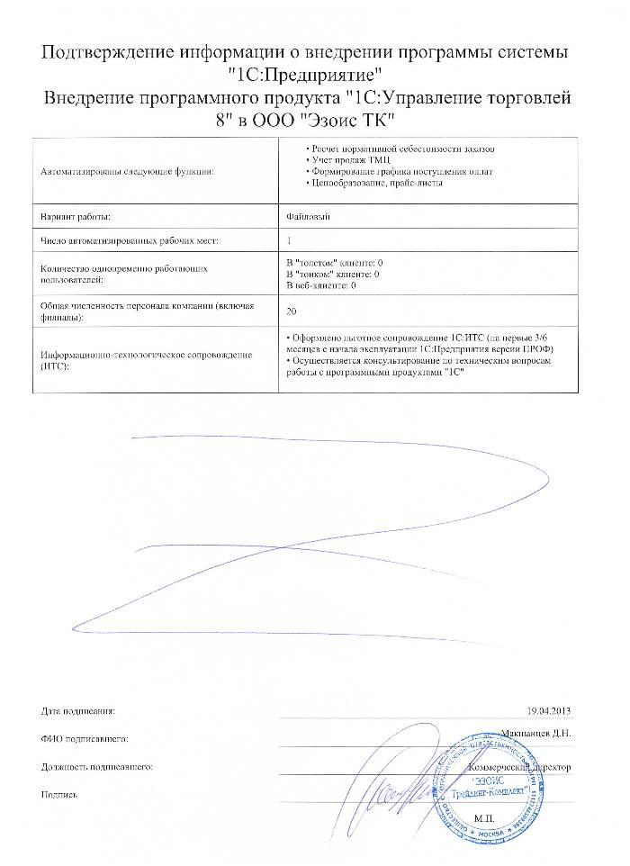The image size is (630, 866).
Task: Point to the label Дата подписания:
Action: pyautogui.click(x=78, y=711)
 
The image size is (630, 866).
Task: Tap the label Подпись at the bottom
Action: pyautogui.click(x=59, y=796)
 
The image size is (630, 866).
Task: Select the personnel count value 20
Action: pyautogui.click(x=290, y=311)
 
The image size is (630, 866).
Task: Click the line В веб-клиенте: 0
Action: pyautogui.click(x=322, y=285)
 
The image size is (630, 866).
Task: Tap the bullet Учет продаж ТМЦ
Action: pyautogui.click(x=343, y=158)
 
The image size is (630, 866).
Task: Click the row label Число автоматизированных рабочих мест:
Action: pyautogui.click(x=130, y=241)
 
